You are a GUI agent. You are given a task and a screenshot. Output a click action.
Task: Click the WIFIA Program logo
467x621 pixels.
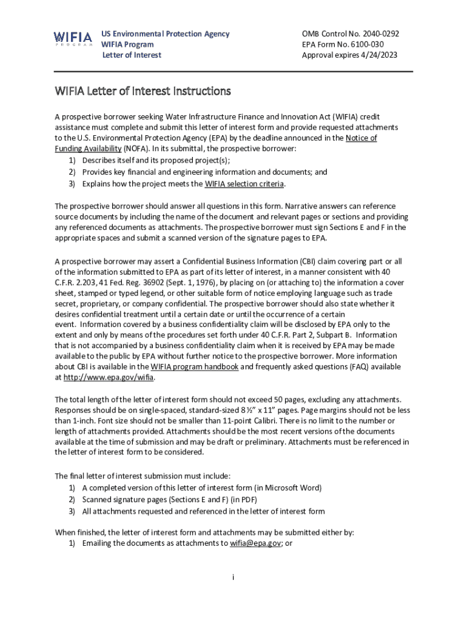pos(73,39)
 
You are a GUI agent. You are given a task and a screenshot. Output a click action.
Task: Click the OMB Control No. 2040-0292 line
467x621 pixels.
pos(350,34)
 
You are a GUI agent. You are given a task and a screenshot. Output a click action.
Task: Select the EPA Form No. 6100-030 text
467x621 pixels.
pos(342,44)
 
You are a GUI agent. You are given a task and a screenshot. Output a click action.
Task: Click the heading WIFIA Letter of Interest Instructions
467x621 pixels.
pos(143,92)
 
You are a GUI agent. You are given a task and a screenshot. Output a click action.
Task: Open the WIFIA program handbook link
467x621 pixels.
pos(194,367)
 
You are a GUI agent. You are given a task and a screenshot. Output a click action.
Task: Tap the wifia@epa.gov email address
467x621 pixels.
pos(255,543)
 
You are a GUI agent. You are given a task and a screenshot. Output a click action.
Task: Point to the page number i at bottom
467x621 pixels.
pos(233,577)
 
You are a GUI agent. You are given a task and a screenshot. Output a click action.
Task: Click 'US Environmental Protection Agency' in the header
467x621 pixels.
pos(165,34)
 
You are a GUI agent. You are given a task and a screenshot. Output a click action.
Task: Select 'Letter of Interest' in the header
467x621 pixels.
pos(131,55)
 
